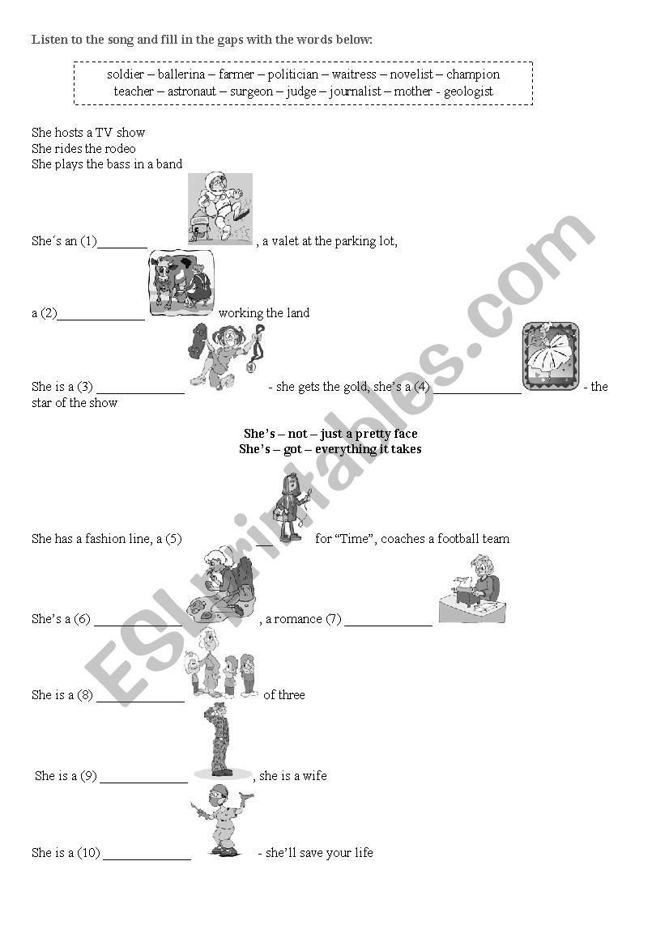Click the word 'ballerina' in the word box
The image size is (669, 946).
coord(181,74)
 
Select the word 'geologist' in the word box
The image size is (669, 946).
coord(468,91)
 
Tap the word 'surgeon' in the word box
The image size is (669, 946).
coord(251,92)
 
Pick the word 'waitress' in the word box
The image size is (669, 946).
coord(354,74)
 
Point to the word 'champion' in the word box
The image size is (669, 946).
coord(473,74)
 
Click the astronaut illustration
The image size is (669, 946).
coord(219,209)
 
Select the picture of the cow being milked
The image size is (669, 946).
coord(181,283)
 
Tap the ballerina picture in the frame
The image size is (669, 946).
coord(550,356)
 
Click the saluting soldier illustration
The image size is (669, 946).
coord(222,741)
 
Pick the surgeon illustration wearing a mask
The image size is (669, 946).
coord(221,820)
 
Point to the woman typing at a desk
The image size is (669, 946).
coord(472,589)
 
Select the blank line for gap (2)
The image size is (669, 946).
coord(100,319)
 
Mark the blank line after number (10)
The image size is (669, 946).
coord(147,859)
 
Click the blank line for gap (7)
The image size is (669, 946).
coord(388,626)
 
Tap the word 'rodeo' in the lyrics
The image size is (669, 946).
coord(120,148)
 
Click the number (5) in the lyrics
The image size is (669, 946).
coord(173,539)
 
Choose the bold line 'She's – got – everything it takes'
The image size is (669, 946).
coord(330,449)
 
